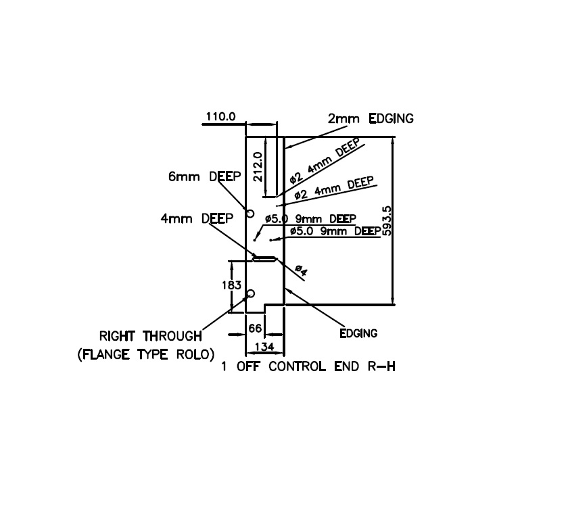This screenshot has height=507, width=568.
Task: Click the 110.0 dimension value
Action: [x=220, y=116]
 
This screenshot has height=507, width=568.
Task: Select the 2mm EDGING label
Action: [x=371, y=118]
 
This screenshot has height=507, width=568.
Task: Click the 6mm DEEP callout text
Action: [x=200, y=177]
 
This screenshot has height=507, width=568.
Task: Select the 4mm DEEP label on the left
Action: [x=196, y=218]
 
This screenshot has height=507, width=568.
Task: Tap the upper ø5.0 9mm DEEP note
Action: [x=310, y=219]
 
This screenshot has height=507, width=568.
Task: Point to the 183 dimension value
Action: [x=231, y=286]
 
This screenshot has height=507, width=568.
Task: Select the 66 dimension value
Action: [x=254, y=328]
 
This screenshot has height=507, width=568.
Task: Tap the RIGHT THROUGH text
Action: [x=150, y=335]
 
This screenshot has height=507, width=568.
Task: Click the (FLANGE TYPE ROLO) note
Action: [x=146, y=354]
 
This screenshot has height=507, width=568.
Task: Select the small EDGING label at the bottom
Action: [x=358, y=333]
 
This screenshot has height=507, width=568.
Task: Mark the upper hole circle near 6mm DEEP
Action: [x=250, y=214]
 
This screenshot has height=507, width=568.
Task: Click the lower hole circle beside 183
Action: [x=250, y=293]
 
